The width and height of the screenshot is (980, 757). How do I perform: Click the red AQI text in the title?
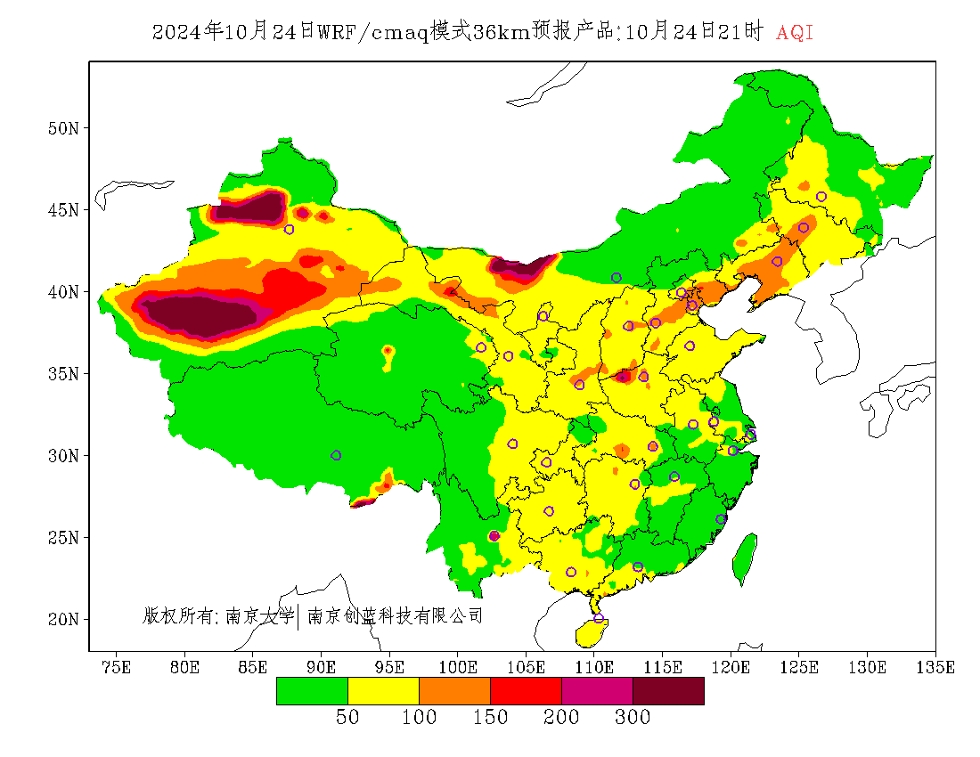coord(795,33)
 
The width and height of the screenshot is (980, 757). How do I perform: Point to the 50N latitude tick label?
coord(62,128)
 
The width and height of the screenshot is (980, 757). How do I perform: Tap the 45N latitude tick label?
coord(62,210)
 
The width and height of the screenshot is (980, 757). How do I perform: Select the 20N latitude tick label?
coord(62,619)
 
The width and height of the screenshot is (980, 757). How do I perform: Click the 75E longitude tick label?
coord(116,667)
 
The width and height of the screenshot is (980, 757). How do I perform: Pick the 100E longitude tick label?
coord(458,667)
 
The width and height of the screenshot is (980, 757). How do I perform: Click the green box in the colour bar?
coord(312,691)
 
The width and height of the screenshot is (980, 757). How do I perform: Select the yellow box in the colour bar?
coord(383,691)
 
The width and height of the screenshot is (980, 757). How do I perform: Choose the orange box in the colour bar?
coord(454,691)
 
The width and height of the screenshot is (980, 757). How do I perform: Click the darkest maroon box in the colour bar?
coord(668,691)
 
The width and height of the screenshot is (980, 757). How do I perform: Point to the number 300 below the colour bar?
coord(633,718)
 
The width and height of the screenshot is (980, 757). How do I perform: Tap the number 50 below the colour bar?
coord(347,718)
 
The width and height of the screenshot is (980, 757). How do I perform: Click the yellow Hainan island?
coord(591,633)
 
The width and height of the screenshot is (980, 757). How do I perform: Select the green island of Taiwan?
coord(745,558)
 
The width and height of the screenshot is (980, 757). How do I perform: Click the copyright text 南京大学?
coord(259,615)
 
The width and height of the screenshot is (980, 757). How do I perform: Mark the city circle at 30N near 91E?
coord(336,455)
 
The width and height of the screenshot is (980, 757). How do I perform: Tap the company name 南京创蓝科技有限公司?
coord(395,615)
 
